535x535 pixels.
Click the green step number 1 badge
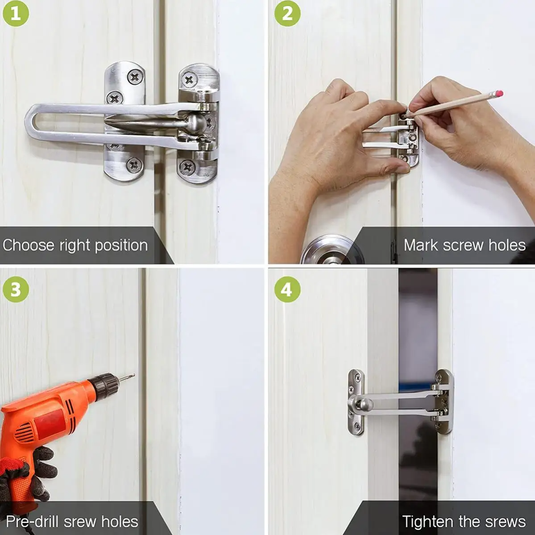click(16, 13)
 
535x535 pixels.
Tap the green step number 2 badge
click(288, 13)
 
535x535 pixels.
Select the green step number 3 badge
click(16, 289)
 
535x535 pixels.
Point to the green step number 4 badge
click(288, 289)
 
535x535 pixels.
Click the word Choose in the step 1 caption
click(28, 245)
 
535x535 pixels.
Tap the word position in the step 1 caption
click(121, 246)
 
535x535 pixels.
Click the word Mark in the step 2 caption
click(421, 245)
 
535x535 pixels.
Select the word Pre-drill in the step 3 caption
click(33, 522)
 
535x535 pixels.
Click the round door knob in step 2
click(332, 250)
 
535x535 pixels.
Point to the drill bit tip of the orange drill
click(134, 375)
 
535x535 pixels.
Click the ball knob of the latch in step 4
click(366, 405)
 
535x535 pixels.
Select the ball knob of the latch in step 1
click(196, 123)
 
